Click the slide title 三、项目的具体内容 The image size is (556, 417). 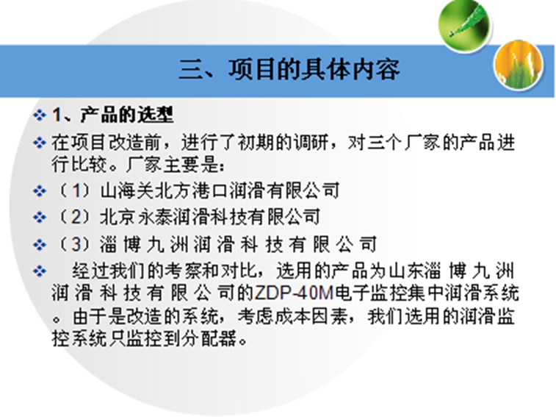pos(289,70)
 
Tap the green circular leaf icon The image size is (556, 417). pos(464,26)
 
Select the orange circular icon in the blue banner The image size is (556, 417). pos(519,65)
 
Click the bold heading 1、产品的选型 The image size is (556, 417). pos(113,115)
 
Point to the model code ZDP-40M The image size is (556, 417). pos(295,293)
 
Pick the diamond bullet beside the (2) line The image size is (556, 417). pos(40,217)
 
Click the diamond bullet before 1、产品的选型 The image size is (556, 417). pos(40,115)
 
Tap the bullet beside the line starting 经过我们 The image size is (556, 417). pos(40,271)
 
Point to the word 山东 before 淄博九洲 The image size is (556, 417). pos(406,271)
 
